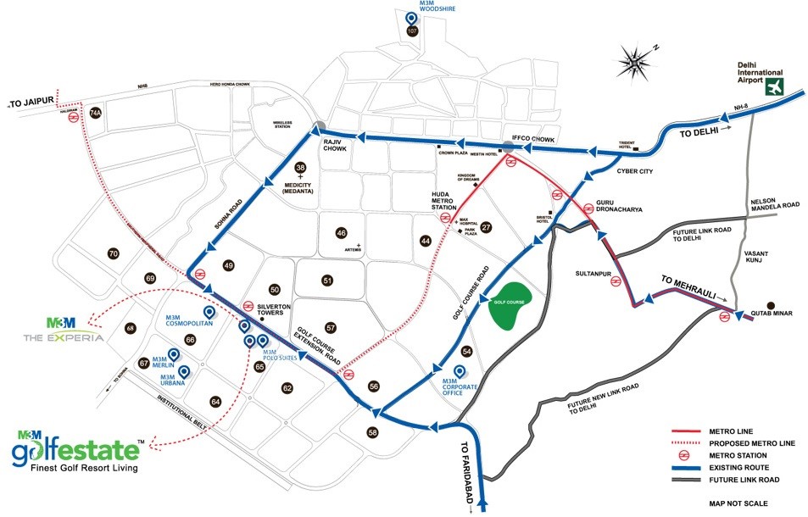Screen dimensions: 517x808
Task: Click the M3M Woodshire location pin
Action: click(412, 18)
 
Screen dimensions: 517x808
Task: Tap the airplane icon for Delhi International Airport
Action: click(773, 86)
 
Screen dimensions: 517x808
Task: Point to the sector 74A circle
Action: click(96, 114)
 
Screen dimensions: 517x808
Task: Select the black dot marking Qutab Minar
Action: click(771, 305)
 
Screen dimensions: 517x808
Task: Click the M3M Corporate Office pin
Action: click(460, 371)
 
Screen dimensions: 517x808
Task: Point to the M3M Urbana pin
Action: click(182, 370)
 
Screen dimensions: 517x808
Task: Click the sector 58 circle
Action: click(372, 432)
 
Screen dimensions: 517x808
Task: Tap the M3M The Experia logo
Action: click(64, 330)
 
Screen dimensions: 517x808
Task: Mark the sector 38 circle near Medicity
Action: click(300, 168)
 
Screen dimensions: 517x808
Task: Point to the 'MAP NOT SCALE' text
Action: click(738, 503)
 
